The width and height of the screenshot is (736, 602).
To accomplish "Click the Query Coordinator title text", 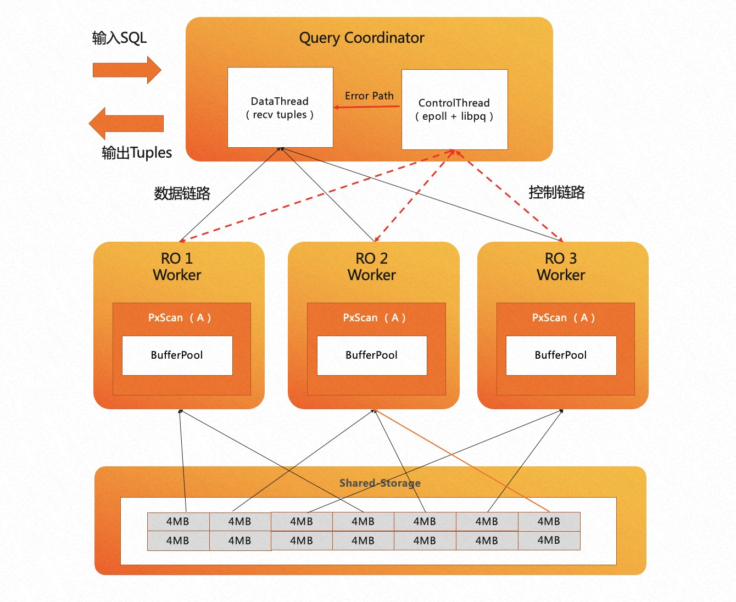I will pyautogui.click(x=361, y=38).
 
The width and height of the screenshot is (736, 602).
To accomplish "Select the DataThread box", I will pyautogui.click(x=280, y=108).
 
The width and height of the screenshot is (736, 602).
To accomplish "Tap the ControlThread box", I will pyautogui.click(x=454, y=109).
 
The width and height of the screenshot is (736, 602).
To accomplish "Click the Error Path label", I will pyautogui.click(x=369, y=96).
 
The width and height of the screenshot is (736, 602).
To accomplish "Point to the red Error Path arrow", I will pyautogui.click(x=367, y=107).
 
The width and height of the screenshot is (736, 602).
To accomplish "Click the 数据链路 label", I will pyautogui.click(x=182, y=193).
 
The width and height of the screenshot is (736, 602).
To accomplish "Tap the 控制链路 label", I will pyautogui.click(x=556, y=192).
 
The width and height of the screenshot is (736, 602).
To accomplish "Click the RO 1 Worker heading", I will pyautogui.click(x=177, y=266).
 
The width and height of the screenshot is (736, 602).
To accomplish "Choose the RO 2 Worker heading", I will pyautogui.click(x=372, y=266).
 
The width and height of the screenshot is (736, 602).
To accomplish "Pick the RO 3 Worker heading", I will pyautogui.click(x=561, y=266).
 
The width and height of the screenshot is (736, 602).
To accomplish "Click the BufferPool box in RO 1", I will pyautogui.click(x=177, y=355).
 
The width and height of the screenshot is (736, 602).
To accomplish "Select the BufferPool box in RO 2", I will pyautogui.click(x=372, y=355).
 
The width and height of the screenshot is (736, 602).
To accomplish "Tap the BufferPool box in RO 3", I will pyautogui.click(x=561, y=355).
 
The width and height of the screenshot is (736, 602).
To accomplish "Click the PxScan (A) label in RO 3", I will pyautogui.click(x=564, y=317).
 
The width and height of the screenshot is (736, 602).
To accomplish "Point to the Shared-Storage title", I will pyautogui.click(x=380, y=483).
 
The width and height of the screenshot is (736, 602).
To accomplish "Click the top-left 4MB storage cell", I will pyautogui.click(x=178, y=521).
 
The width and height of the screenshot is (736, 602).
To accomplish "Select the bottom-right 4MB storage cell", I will pyautogui.click(x=549, y=540).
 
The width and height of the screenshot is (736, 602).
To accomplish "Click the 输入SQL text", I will pyautogui.click(x=119, y=38).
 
